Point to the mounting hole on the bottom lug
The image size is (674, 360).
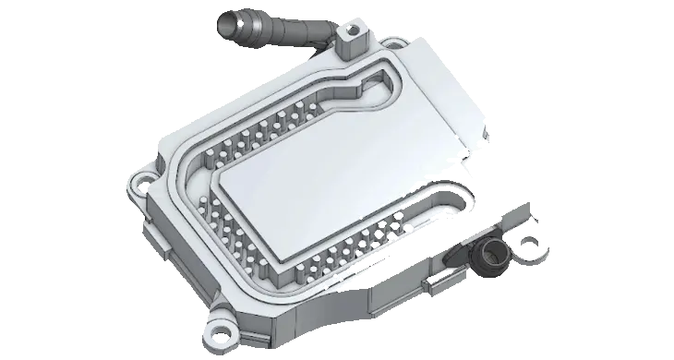222,328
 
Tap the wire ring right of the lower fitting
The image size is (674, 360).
531,246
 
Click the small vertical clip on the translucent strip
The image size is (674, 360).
426,282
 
